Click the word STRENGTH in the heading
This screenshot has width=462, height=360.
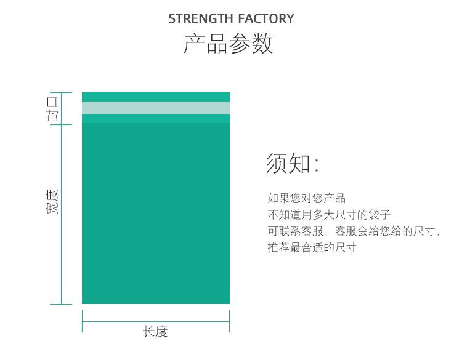(x=201, y=18)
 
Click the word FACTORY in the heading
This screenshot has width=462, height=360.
(x=266, y=18)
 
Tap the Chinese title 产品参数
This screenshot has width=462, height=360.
(x=229, y=43)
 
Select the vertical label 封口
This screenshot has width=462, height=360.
(x=52, y=109)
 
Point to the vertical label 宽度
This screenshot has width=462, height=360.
(x=52, y=202)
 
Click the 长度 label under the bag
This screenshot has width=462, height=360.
(x=155, y=332)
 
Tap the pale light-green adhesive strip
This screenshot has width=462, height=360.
(x=156, y=108)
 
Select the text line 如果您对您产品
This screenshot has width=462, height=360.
(x=306, y=198)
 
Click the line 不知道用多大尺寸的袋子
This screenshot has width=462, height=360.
(x=329, y=215)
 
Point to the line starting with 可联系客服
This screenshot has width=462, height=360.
(x=354, y=231)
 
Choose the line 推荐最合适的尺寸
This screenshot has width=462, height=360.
(x=312, y=247)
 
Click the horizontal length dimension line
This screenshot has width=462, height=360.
(x=156, y=321)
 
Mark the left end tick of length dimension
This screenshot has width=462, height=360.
(x=82, y=321)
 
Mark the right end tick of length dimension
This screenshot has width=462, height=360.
(x=230, y=321)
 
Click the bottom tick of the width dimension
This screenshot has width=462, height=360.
(x=61, y=304)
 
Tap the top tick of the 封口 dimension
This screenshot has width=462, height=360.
(x=61, y=92)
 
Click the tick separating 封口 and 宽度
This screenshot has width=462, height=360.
(x=61, y=124)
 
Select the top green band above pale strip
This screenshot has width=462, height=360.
(x=156, y=97)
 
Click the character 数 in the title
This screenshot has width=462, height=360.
(x=262, y=43)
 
